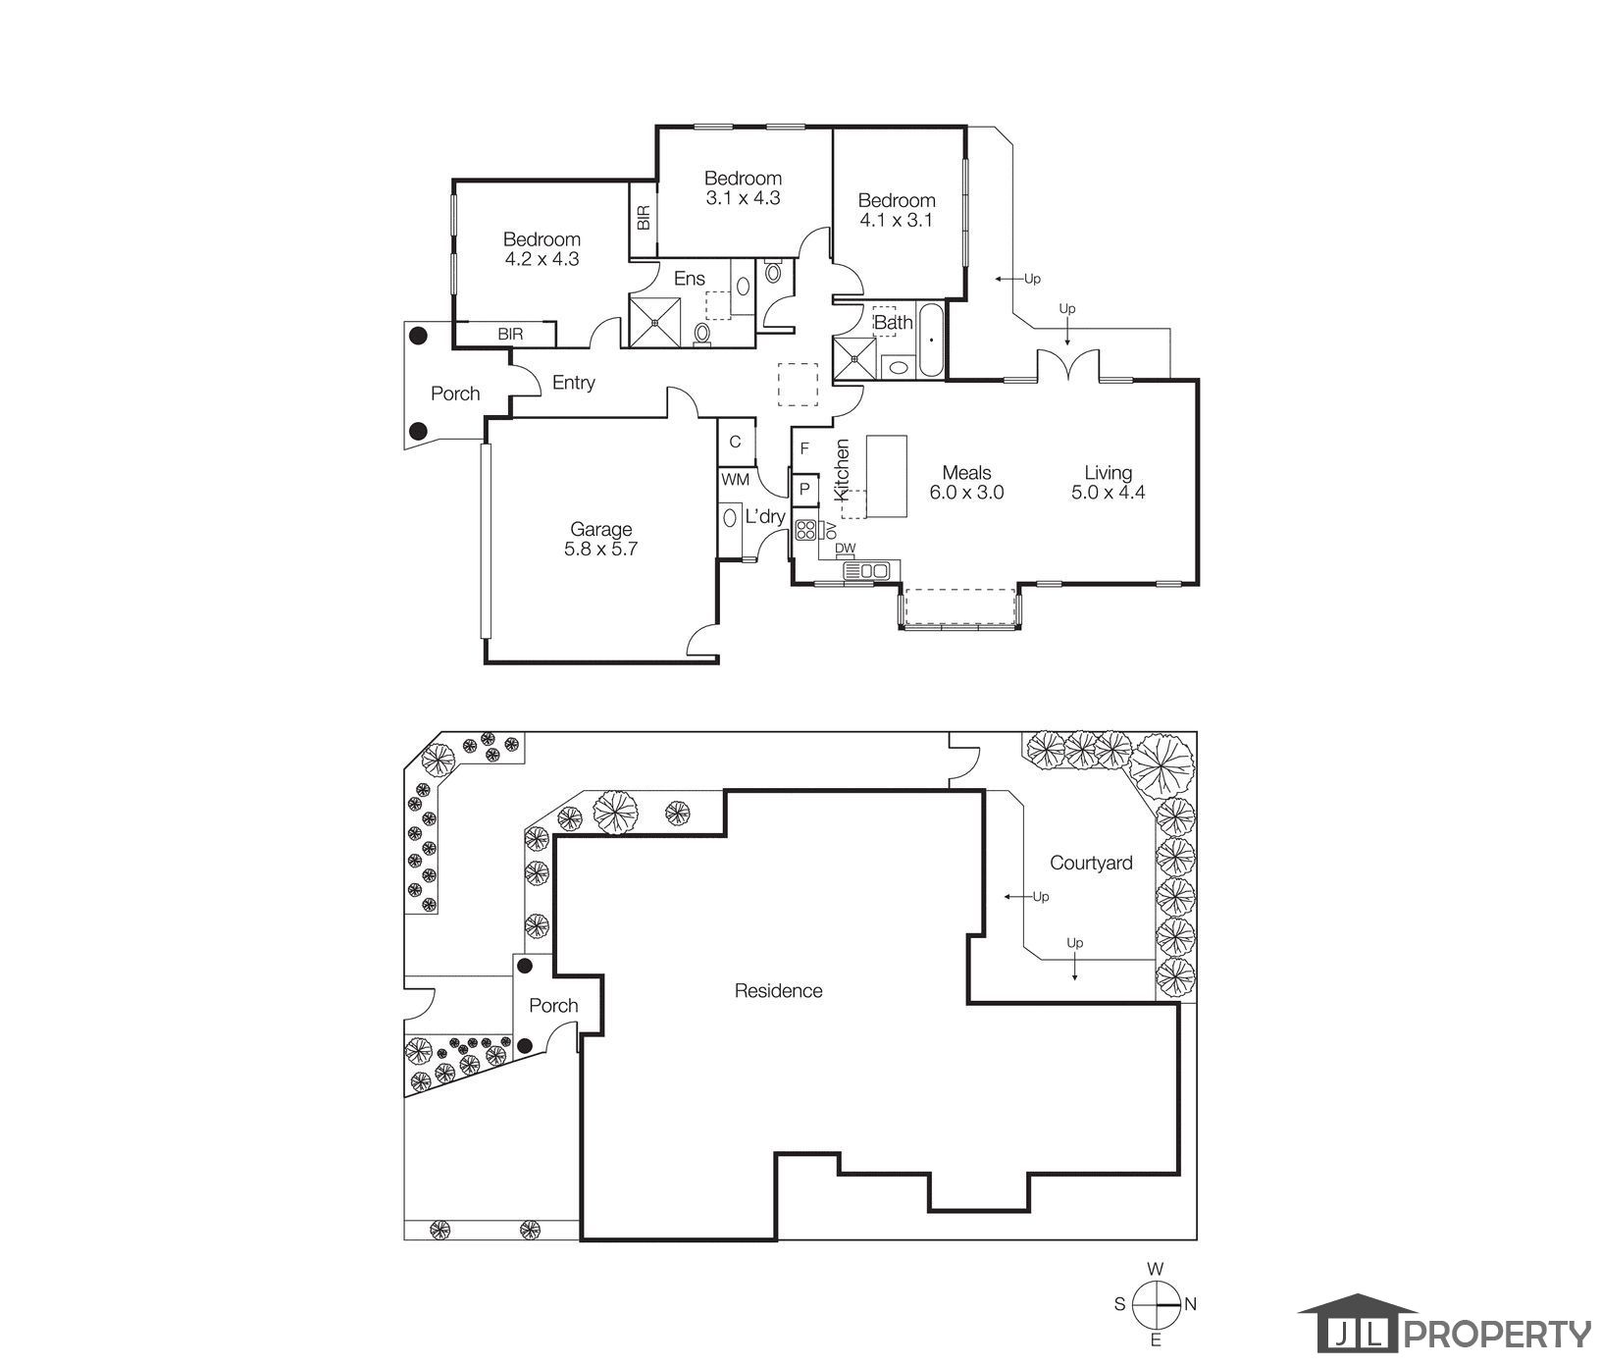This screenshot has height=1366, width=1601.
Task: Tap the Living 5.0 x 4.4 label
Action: point(1109,483)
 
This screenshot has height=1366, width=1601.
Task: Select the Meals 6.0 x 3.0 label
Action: point(967,483)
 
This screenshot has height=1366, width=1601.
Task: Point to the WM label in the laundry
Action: point(736,481)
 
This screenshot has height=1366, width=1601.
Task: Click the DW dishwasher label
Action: point(846,549)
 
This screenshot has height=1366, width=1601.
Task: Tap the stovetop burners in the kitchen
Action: point(805,530)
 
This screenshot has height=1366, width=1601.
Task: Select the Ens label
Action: point(690,280)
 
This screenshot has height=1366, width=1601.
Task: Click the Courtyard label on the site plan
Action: point(1091,864)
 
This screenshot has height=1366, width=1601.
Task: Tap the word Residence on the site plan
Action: point(779,991)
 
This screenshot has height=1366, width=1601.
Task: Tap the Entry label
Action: point(574,383)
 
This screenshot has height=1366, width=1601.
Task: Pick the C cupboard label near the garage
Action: point(735,442)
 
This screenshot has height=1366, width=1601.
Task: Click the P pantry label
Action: point(804,488)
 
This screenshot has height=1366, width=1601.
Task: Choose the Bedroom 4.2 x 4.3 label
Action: point(542,249)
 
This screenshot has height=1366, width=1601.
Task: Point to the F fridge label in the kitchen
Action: point(804,449)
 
